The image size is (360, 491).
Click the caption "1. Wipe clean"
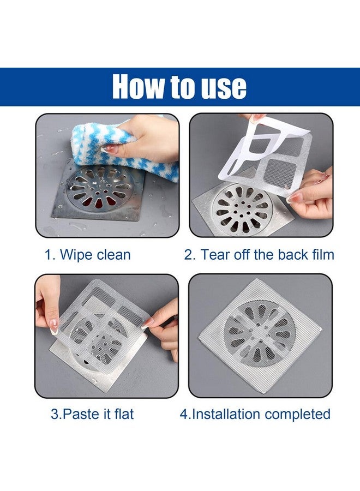(87, 255)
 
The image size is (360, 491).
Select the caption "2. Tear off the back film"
(259, 255)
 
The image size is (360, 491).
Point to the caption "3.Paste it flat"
(92, 414)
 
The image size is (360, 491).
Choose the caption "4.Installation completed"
(255, 414)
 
